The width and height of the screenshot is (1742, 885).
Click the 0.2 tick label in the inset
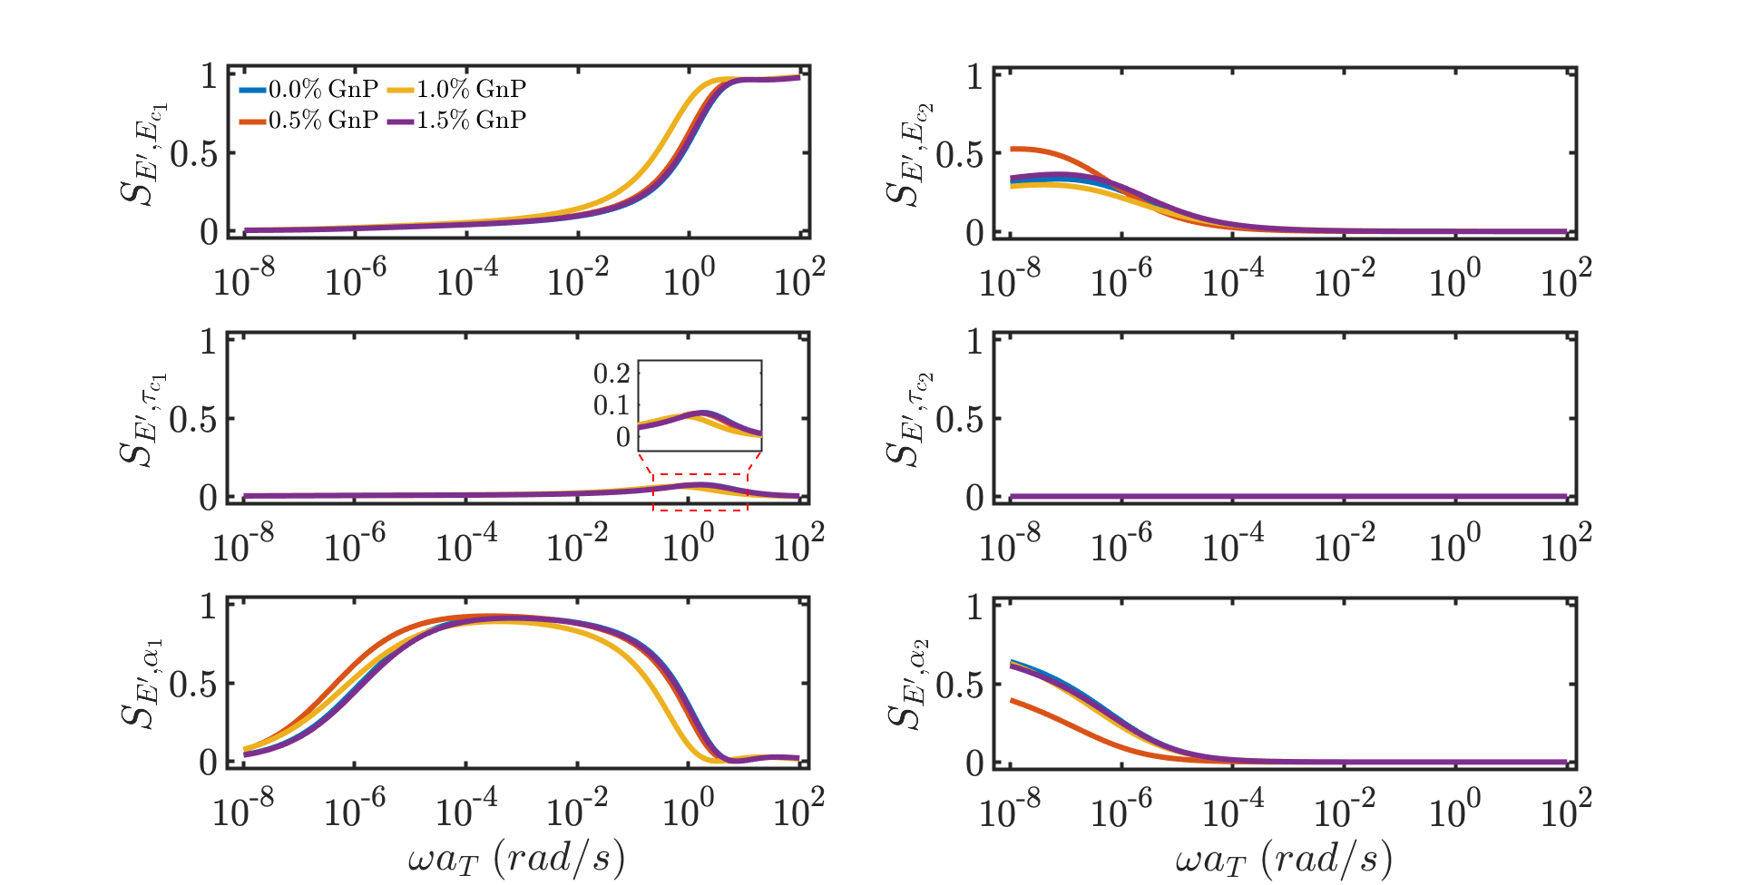click(x=612, y=373)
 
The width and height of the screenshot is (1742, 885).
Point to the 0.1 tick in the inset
click(x=612, y=405)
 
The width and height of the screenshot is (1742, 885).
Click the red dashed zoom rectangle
click(x=700, y=475)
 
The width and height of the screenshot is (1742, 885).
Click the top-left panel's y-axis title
click(x=144, y=153)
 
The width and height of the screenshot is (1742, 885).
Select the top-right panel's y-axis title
click(x=910, y=153)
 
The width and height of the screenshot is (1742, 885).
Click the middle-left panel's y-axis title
click(x=144, y=418)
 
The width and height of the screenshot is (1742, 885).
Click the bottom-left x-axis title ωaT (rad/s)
click(x=516, y=858)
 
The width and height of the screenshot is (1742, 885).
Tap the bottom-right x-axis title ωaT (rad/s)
click(x=1283, y=858)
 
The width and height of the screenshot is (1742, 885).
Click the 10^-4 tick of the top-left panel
click(x=466, y=278)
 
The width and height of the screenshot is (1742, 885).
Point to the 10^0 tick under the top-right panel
click(x=1454, y=278)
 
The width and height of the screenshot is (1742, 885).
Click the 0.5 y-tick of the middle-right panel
click(x=959, y=420)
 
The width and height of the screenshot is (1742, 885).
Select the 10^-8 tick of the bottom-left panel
click(x=243, y=809)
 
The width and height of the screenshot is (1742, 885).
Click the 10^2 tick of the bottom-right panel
click(x=1566, y=809)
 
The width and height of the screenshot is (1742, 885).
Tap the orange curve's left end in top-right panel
click(x=1013, y=149)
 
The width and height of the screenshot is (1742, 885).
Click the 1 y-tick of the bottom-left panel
click(x=209, y=606)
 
